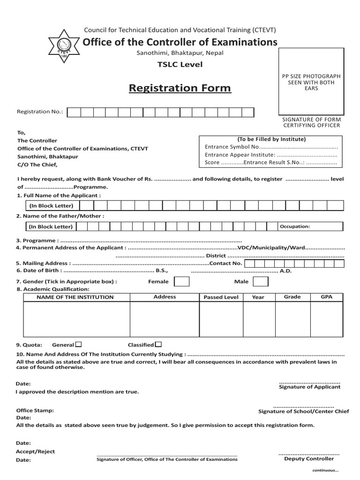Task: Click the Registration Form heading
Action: click(x=180, y=88)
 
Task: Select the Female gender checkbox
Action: click(x=182, y=281)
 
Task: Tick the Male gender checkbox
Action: click(x=261, y=281)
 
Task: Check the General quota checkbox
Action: click(x=78, y=344)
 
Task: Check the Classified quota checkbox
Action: click(x=158, y=344)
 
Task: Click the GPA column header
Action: click(x=326, y=297)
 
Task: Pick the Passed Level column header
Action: click(x=221, y=297)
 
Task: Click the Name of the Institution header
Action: click(x=75, y=297)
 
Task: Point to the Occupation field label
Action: click(x=295, y=226)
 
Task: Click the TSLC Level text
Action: click(x=180, y=64)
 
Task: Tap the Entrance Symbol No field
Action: click(x=271, y=147)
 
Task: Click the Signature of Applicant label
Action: click(x=310, y=387)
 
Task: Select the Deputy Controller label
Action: click(x=309, y=459)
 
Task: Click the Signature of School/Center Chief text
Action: click(x=304, y=412)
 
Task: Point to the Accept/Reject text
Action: click(x=36, y=451)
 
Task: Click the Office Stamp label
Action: click(x=35, y=410)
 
